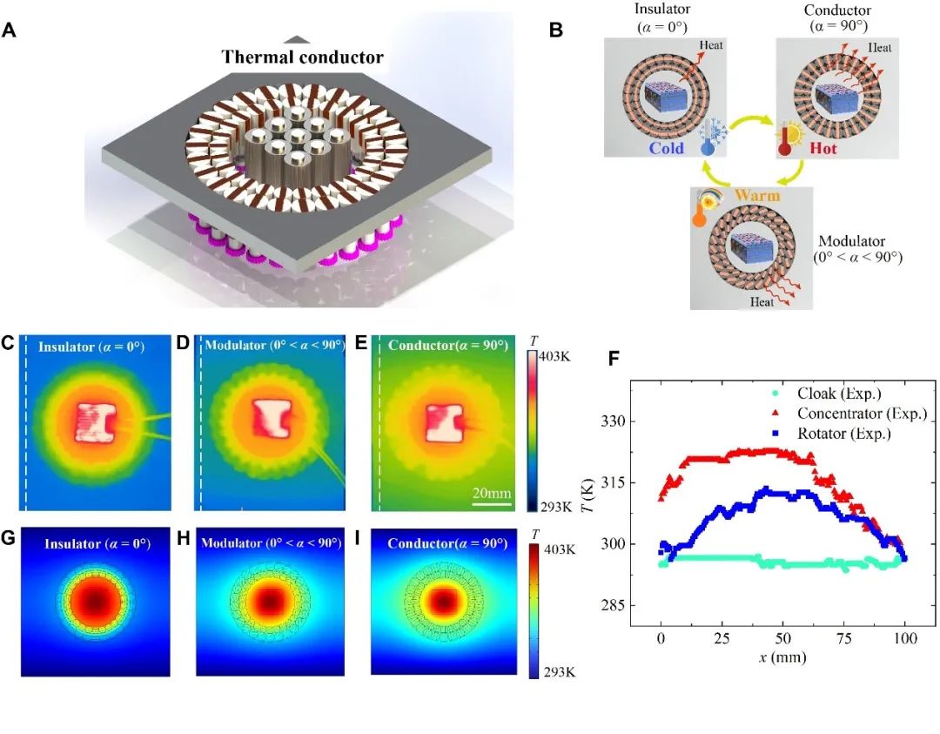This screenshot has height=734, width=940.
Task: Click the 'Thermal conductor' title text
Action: pyautogui.click(x=302, y=58)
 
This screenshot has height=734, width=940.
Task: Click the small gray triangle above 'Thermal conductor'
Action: pyautogui.click(x=297, y=38)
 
